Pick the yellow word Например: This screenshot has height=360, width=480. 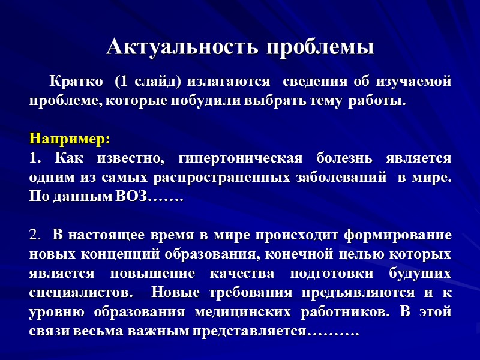coord(70,139)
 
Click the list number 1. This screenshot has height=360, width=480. coord(34,158)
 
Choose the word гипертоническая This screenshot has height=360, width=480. coord(241,158)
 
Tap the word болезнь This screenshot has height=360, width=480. coord(345,158)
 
